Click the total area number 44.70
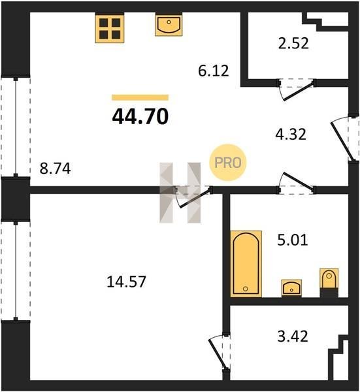tap(140, 117)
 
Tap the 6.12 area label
tap(214, 71)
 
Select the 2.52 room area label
tap(293, 43)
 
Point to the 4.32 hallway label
tap(291, 134)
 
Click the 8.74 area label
tap(56, 169)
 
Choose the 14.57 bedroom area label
tap(126, 282)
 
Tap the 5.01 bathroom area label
tap(293, 240)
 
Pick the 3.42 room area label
tap(293, 336)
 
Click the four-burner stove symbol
tap(110, 29)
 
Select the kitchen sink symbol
tap(169, 25)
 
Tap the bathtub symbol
tap(246, 264)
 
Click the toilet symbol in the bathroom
tap(329, 282)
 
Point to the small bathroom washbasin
tap(291, 288)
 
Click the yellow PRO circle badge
tap(227, 163)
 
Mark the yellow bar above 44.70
tap(140, 97)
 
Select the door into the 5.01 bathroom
tap(296, 182)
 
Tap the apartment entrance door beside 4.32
tap(342, 139)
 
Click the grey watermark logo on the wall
tap(180, 193)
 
